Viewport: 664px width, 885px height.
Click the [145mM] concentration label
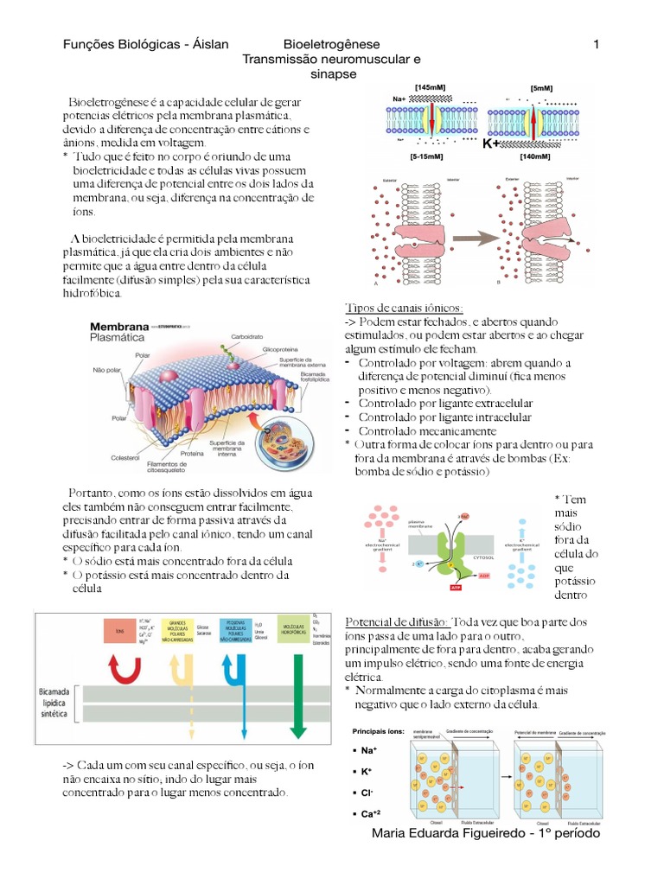point(431,88)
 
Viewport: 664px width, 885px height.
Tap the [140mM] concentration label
point(536,157)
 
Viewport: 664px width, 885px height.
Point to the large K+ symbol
point(492,143)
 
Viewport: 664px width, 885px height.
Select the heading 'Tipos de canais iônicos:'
point(405,309)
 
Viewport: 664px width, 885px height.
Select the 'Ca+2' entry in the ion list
point(373,813)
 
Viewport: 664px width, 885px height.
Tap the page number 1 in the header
point(597,44)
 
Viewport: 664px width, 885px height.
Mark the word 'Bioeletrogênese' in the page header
point(331,44)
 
